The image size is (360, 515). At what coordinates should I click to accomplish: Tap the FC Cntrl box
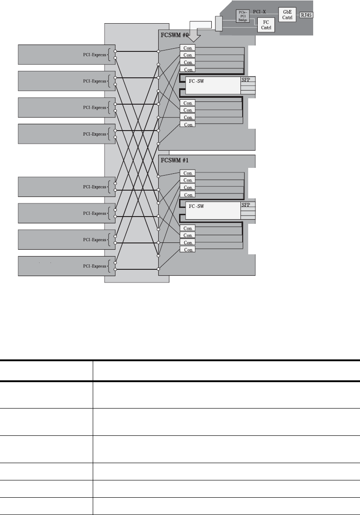click(265, 25)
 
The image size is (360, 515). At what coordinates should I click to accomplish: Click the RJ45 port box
click(307, 15)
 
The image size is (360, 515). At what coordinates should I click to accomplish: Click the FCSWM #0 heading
click(175, 35)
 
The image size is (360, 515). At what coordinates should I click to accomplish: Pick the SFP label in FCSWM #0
click(246, 79)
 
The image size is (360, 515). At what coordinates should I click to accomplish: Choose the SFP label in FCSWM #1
click(246, 205)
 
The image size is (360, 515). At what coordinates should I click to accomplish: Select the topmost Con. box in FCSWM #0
click(187, 47)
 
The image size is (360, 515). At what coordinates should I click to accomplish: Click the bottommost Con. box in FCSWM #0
click(187, 124)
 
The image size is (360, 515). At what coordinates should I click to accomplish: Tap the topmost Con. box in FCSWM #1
click(187, 173)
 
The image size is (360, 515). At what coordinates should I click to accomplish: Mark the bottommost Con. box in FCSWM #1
click(187, 250)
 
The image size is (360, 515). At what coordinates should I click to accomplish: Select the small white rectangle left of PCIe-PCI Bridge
click(218, 24)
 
